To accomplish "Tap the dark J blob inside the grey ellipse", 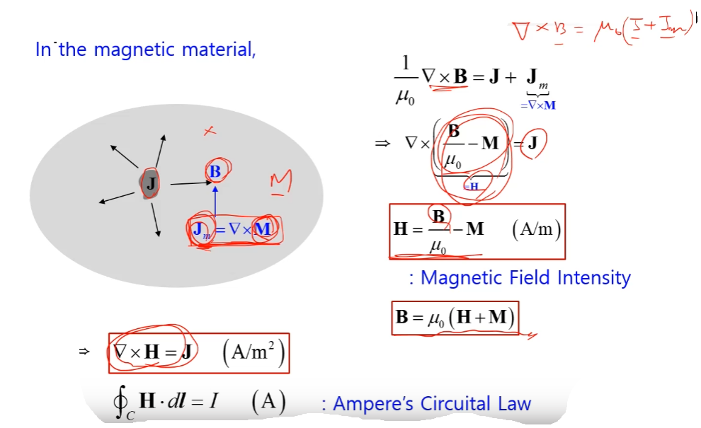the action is (x=150, y=185).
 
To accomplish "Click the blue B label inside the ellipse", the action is (x=215, y=171).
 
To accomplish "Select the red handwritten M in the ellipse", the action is (x=280, y=183).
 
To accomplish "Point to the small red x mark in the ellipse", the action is (x=209, y=131).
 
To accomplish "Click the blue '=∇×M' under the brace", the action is (x=538, y=105).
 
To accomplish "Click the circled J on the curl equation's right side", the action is (x=532, y=144).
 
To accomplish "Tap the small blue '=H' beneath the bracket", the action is (x=472, y=186).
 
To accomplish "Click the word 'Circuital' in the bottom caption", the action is (x=454, y=404).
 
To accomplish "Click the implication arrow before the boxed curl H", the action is (x=84, y=351).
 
